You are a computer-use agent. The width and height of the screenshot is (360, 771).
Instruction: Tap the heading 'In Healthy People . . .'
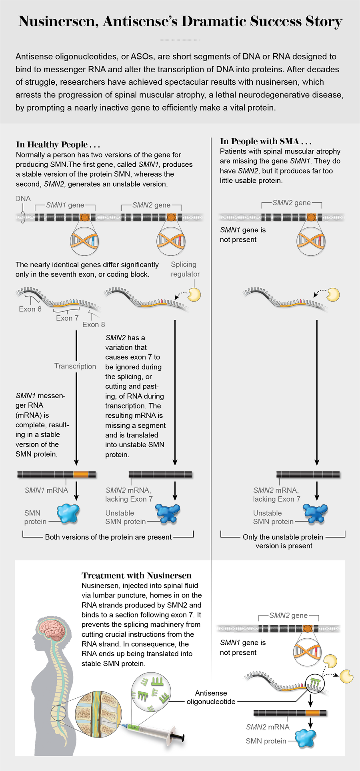(58, 144)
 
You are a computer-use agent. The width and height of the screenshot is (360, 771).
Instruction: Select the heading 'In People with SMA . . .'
(266, 141)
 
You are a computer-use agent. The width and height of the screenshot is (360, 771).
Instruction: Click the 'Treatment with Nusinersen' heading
(136, 575)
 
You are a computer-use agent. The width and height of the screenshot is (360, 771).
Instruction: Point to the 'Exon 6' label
(30, 309)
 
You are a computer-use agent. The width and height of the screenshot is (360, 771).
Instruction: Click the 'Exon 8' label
(94, 325)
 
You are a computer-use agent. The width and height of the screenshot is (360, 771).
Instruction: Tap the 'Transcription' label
(75, 366)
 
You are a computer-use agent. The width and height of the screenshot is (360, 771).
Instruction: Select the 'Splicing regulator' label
(185, 269)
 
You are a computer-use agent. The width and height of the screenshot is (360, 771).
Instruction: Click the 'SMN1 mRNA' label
(46, 490)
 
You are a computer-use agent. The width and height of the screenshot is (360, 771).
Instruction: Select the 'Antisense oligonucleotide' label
(211, 697)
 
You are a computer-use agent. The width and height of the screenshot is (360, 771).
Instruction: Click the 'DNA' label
(23, 198)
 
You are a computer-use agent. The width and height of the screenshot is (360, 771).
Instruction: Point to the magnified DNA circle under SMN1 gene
(84, 241)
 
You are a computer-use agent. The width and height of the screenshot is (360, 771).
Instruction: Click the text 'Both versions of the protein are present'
(108, 537)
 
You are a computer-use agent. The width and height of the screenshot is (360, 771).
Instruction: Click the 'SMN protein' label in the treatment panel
(266, 741)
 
